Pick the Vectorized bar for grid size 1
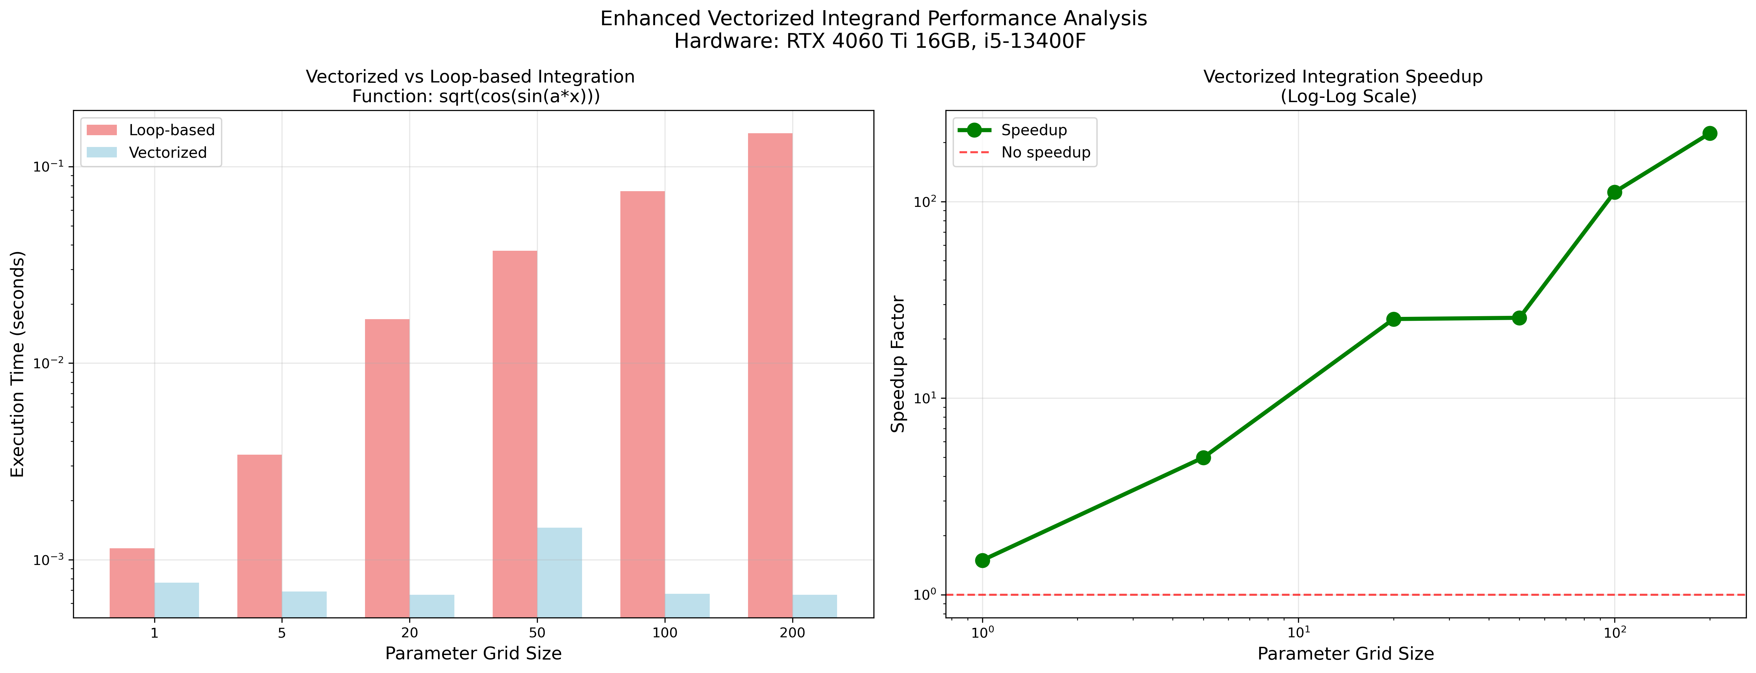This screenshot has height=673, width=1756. pos(176,600)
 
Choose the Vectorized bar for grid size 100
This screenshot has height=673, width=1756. pos(687,606)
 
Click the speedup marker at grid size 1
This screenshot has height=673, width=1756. pos(982,560)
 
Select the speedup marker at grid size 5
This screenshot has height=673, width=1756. pos(1203,458)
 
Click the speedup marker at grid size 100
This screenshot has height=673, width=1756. pos(1614,192)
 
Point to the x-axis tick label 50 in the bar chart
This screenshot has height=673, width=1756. pos(537,633)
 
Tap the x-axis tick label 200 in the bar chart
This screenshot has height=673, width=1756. pos(792,633)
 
